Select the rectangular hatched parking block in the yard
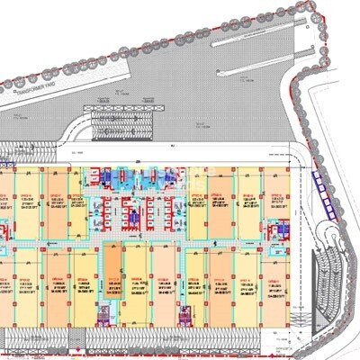tap(127, 118)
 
